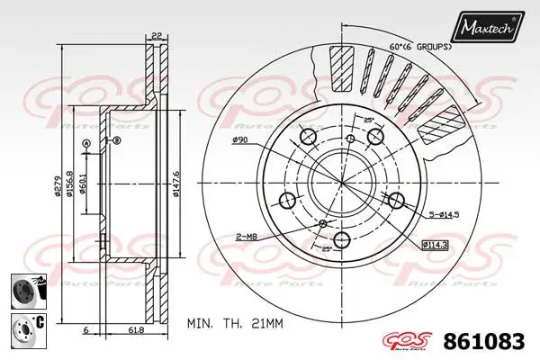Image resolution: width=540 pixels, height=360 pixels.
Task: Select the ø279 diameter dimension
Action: (56, 184)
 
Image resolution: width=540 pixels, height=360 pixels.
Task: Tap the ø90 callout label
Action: (239, 140)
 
